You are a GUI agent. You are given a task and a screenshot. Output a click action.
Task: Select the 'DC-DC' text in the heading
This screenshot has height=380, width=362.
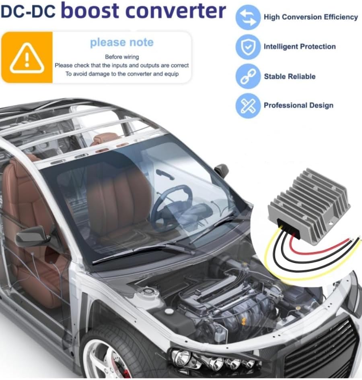tap(28, 12)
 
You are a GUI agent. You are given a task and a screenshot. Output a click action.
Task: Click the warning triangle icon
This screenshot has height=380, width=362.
tap(27, 58)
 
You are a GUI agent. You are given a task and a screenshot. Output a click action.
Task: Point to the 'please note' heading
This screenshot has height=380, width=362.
tap(122, 42)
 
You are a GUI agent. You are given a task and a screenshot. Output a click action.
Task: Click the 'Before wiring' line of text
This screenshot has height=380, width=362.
tap(122, 57)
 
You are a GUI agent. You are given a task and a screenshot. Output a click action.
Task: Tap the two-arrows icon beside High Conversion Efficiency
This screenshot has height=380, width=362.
tap(248, 17)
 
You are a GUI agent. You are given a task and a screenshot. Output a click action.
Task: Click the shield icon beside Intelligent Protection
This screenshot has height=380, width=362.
tap(248, 47)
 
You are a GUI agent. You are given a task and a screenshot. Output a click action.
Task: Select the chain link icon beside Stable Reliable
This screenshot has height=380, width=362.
tap(248, 76)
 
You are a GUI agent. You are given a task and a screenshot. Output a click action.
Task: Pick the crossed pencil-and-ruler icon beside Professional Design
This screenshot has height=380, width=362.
tap(248, 105)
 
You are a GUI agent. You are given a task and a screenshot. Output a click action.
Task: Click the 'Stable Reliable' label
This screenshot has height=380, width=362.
tap(290, 76)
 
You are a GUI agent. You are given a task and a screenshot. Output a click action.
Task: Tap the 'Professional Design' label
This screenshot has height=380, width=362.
tap(298, 105)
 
